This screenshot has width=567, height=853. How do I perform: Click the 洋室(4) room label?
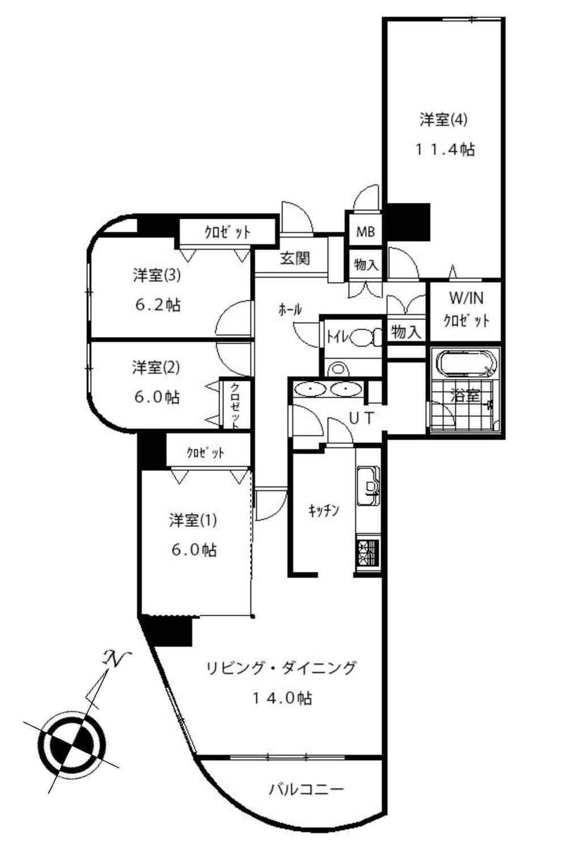coord(443,120)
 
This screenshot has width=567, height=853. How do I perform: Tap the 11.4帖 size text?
coord(445,150)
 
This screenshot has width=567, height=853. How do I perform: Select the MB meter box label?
coord(365,231)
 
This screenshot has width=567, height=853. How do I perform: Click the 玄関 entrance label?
coord(295,259)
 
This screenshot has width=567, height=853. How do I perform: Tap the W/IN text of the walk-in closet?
coord(466,298)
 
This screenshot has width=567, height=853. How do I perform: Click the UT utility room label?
coord(361,418)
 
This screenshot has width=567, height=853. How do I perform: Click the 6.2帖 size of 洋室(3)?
coord(158,305)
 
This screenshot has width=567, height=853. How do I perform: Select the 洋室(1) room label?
coord(193,520)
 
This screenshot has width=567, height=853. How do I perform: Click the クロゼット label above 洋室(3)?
coord(227,232)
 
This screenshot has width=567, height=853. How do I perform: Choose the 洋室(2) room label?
coord(155,368)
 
